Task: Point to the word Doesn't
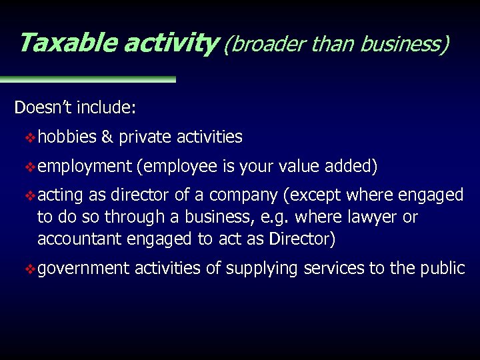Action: click(x=43, y=108)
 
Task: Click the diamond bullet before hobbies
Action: click(x=30, y=137)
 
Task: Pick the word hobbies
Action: click(x=67, y=137)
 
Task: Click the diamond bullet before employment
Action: click(x=30, y=167)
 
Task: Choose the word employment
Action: click(x=84, y=167)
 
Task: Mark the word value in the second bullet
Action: click(x=298, y=166)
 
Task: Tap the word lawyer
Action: click(x=371, y=217)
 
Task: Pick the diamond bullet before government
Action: click(x=30, y=269)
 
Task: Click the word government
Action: click(x=84, y=269)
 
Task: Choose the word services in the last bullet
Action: click(x=334, y=268)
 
